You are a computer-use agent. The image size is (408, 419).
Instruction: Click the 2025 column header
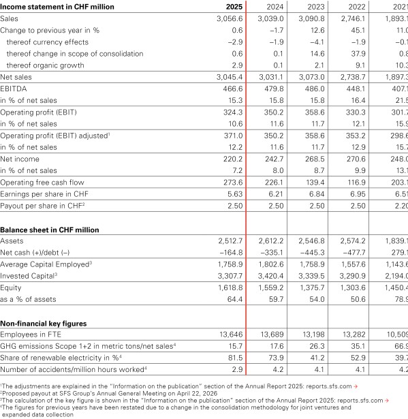pos(234,7)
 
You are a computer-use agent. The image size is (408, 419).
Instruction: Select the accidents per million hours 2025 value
pos(236,370)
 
